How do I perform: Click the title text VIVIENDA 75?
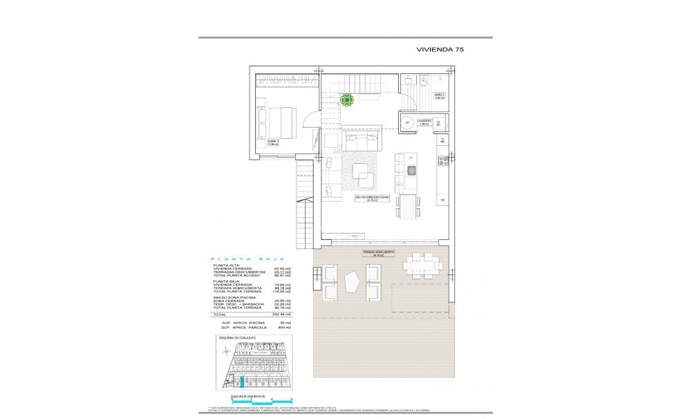pos(445,50)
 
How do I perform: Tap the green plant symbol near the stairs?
pos(347,100)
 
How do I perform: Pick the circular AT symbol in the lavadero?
pos(406,123)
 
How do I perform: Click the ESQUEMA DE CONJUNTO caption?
pos(237,338)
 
